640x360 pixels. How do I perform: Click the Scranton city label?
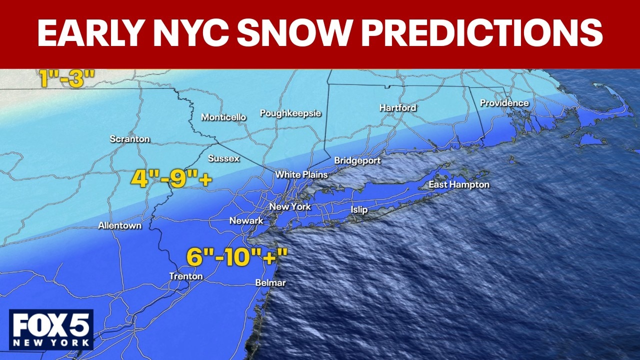pos(129,139)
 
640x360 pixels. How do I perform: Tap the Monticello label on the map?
pos(223,117)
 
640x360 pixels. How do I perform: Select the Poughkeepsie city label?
pos(290,113)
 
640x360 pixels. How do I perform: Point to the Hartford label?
pos(397,108)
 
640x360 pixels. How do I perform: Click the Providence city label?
pos(504,103)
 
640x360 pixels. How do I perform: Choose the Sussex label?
pos(223,158)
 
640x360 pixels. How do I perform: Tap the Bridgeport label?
pos(357,161)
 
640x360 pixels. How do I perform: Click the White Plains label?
pos(301,175)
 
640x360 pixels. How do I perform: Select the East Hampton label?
pos(459,185)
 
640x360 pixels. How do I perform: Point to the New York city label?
pos(290,207)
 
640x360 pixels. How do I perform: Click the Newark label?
pos(246,221)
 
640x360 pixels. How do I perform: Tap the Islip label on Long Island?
pos(359,210)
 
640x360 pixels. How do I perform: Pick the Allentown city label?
pos(119,226)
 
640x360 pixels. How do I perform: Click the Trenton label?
pos(186,276)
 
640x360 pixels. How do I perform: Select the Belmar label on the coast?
pos(270,283)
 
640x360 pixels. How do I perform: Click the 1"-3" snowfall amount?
pos(67,79)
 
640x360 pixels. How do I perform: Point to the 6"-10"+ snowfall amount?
pos(237,257)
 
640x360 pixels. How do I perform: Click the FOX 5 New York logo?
pos(51,329)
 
